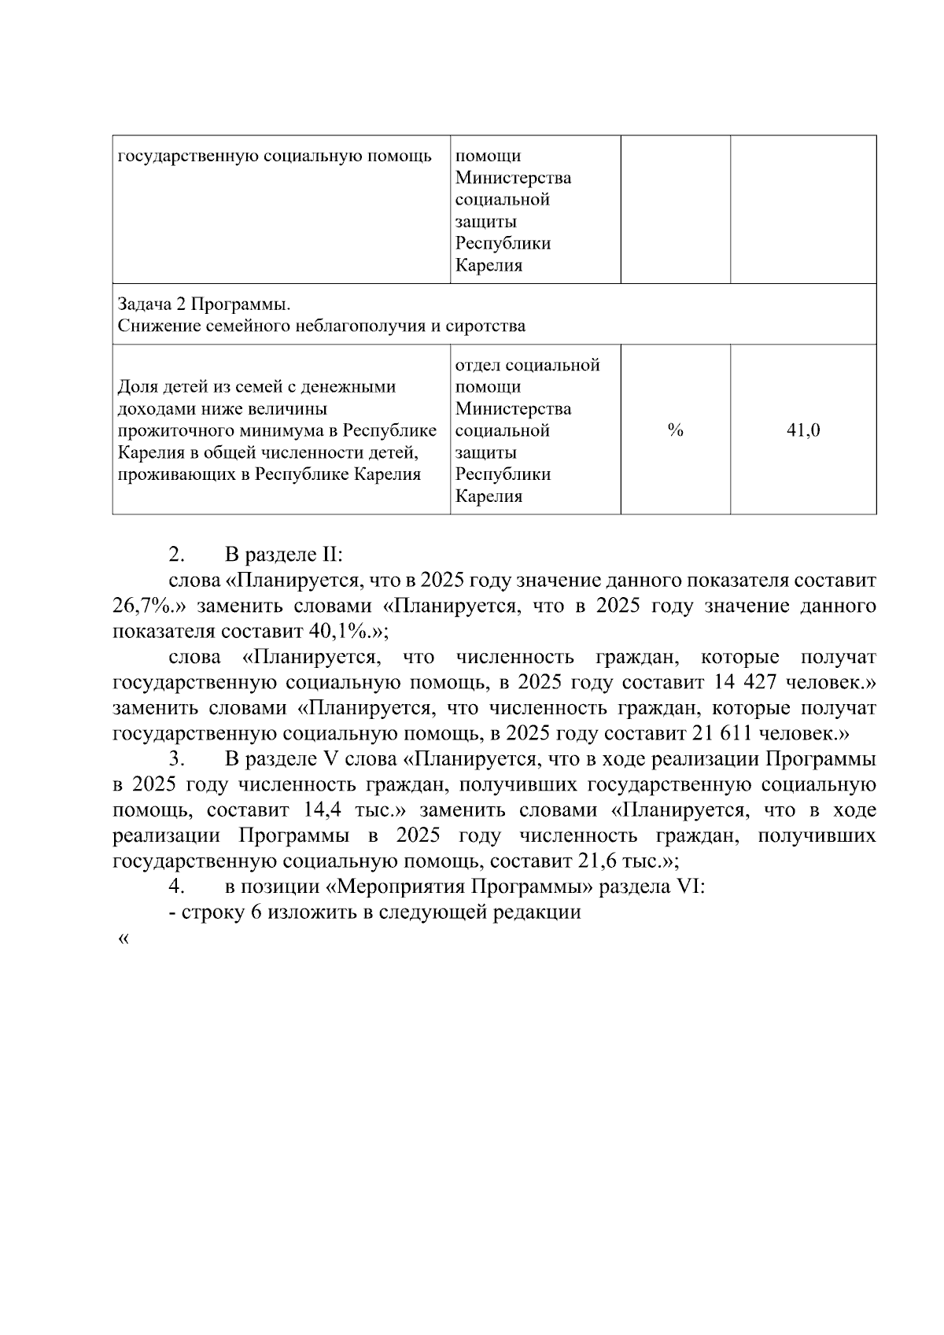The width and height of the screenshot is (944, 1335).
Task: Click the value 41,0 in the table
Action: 803,430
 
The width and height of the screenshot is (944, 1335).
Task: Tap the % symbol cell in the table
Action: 675,430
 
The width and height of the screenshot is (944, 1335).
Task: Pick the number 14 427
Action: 747,682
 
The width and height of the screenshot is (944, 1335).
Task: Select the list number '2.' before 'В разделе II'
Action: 177,555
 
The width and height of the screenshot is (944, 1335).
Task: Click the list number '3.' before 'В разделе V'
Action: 177,759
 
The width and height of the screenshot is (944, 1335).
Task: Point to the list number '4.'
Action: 177,887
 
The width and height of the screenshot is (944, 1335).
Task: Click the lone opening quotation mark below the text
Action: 122,939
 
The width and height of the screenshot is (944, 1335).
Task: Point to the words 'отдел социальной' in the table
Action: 527,365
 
